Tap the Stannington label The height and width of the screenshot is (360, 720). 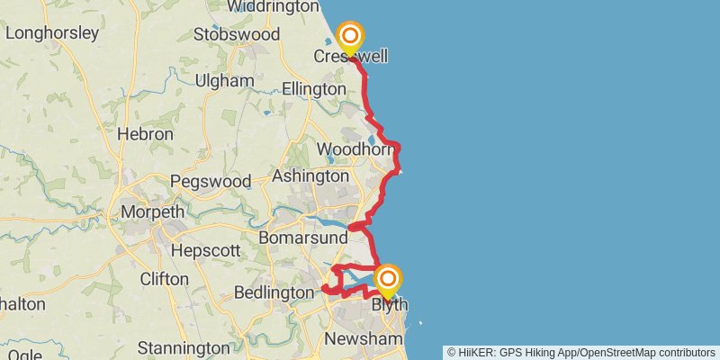(x=184, y=347)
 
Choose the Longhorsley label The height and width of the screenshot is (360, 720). (x=51, y=33)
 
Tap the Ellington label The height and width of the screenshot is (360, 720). (x=313, y=89)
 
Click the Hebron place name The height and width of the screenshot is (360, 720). (x=145, y=133)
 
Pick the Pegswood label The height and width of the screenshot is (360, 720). (x=210, y=181)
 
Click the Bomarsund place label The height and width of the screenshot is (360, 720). (x=302, y=238)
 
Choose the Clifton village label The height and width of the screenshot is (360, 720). (x=165, y=279)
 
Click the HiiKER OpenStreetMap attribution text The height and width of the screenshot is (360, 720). (x=580, y=352)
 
